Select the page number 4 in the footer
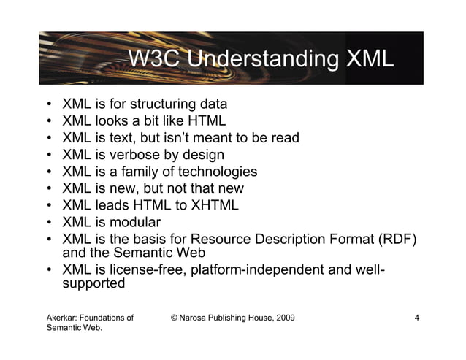point(416,318)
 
